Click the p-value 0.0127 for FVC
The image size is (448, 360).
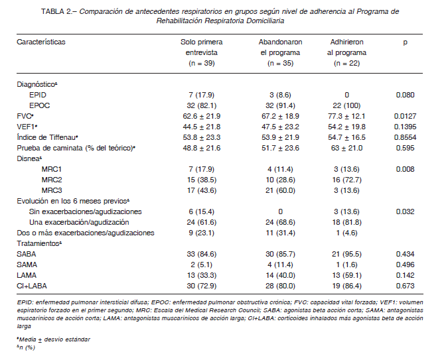pos(405,116)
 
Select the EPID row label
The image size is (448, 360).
pos(37,95)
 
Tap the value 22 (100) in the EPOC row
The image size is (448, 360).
pos(346,105)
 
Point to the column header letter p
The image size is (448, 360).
pos(405,42)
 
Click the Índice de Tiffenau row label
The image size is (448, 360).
pos(47,137)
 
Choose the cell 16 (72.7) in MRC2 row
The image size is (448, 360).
pos(346,180)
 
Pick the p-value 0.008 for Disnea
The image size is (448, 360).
pos(405,169)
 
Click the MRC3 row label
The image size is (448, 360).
pos(52,190)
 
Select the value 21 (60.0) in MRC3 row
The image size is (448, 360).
pos(280,190)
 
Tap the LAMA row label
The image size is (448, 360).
pos(27,275)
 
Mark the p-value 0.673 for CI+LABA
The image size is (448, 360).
pos(405,286)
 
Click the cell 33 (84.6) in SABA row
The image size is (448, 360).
pos(201,254)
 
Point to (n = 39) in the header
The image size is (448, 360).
pos(201,64)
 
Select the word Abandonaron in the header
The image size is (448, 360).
pos(280,42)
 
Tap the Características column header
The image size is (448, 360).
pos(41,42)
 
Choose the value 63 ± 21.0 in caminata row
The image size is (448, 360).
pos(346,148)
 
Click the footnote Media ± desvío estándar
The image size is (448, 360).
pos(54,339)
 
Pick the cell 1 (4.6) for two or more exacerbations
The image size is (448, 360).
pos(346,233)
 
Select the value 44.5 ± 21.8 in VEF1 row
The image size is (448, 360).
pos(201,127)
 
